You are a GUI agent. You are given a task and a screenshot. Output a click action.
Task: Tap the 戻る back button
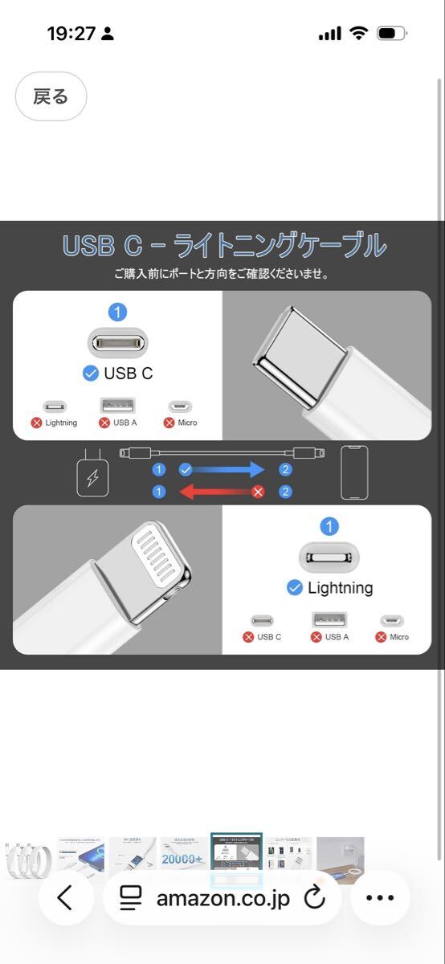click(51, 97)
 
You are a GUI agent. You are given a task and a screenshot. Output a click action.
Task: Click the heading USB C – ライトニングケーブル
click(224, 246)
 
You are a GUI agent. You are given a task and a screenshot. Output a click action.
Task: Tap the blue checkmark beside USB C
click(91, 373)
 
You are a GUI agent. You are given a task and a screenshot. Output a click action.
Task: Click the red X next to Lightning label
click(36, 423)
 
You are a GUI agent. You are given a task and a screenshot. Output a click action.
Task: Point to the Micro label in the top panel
click(187, 423)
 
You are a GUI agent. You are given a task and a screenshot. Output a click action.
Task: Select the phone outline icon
click(354, 472)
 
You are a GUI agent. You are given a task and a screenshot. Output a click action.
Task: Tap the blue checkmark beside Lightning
click(295, 588)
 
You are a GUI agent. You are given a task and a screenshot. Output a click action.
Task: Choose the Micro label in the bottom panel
click(398, 637)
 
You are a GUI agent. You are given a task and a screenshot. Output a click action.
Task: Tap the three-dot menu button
click(380, 898)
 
